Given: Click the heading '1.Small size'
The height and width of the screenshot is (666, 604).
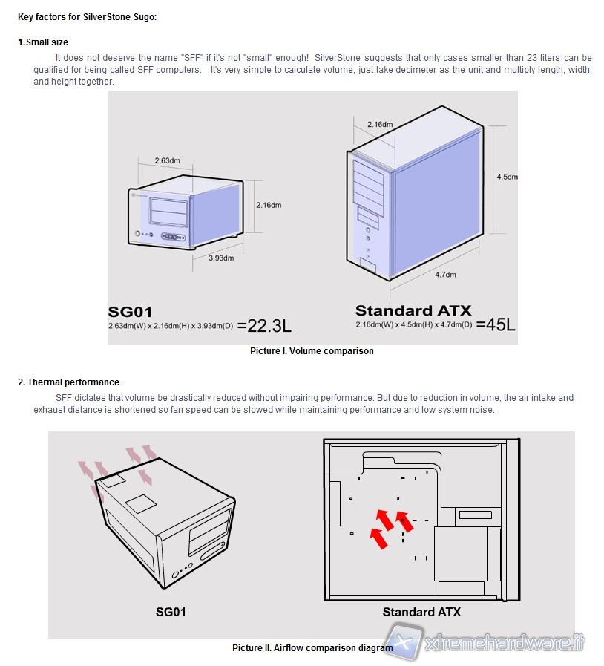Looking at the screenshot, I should click(42, 42).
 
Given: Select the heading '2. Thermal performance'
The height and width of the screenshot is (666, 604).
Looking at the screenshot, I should click(68, 382).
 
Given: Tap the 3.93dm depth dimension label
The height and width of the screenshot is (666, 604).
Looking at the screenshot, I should click(220, 258).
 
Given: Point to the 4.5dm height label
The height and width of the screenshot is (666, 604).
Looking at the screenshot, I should click(507, 177).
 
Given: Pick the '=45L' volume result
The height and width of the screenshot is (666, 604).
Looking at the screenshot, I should click(496, 324).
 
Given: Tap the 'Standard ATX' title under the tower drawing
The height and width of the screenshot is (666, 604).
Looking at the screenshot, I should click(413, 310).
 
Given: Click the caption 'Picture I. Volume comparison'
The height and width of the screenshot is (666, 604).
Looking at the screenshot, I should click(312, 351).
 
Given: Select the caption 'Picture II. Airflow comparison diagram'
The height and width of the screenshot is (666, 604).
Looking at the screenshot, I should click(312, 648).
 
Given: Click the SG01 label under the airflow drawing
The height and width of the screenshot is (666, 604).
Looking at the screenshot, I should click(171, 613).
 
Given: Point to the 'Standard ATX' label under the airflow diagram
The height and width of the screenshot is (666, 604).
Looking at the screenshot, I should click(421, 613).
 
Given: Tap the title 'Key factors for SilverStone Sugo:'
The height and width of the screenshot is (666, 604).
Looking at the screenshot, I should click(87, 16).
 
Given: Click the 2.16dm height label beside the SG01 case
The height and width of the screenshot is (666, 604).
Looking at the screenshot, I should click(268, 205).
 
